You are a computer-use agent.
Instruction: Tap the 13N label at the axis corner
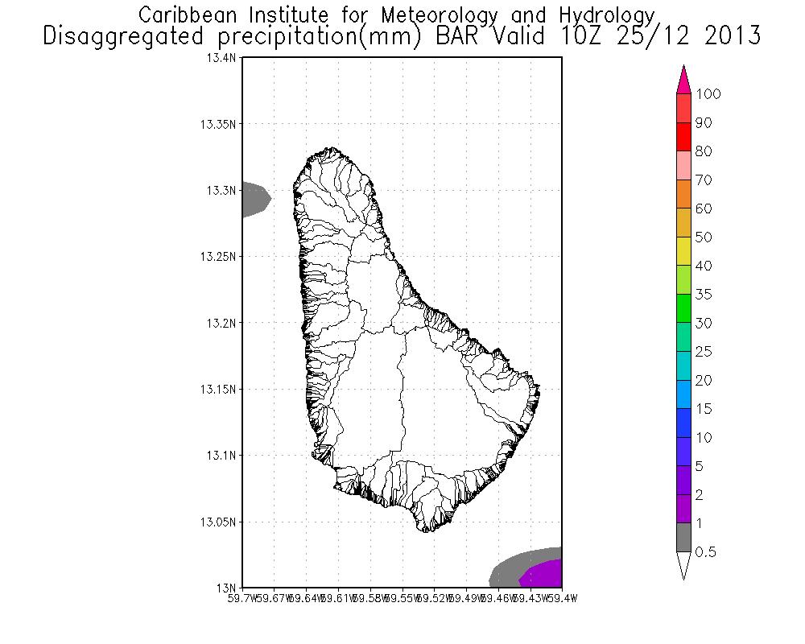(228, 587)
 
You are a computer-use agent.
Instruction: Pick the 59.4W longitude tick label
(551, 598)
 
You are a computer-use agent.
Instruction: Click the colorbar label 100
(709, 94)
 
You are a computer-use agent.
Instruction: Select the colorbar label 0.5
(706, 552)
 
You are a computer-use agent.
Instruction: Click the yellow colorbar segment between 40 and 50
(683, 251)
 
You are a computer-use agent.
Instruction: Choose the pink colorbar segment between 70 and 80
(683, 165)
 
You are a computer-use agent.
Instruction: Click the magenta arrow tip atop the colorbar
(683, 79)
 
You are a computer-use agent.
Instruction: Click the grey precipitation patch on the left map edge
(254, 198)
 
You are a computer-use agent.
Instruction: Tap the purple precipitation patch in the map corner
(544, 575)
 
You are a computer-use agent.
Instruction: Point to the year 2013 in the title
(729, 35)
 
